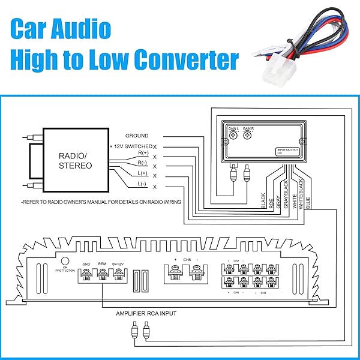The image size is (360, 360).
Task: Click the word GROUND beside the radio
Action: pos(137,136)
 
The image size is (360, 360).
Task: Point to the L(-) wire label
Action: pos(142,184)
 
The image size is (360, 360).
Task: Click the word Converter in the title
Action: pos(186,60)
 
